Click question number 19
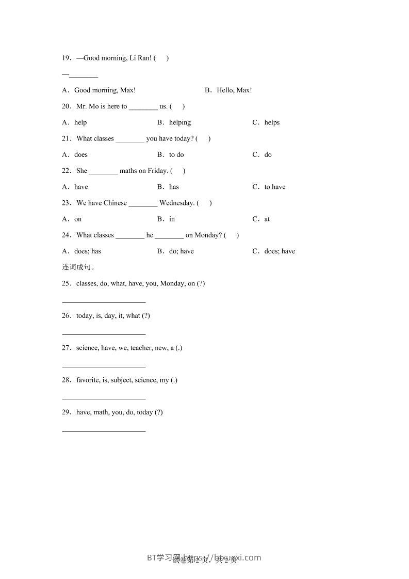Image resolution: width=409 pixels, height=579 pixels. point(67,58)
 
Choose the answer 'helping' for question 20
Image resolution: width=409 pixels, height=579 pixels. point(179,123)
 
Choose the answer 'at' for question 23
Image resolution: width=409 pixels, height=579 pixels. point(267,219)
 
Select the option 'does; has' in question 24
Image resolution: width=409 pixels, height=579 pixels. point(88,251)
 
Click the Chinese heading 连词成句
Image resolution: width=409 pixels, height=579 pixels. point(78,267)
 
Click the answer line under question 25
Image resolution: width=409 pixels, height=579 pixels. point(104,302)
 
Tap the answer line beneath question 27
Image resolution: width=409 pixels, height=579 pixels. point(104,366)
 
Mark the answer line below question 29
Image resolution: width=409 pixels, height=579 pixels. point(104,430)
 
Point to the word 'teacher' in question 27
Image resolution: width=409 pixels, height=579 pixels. point(141,348)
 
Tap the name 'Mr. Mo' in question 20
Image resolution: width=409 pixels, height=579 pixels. point(87,107)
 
